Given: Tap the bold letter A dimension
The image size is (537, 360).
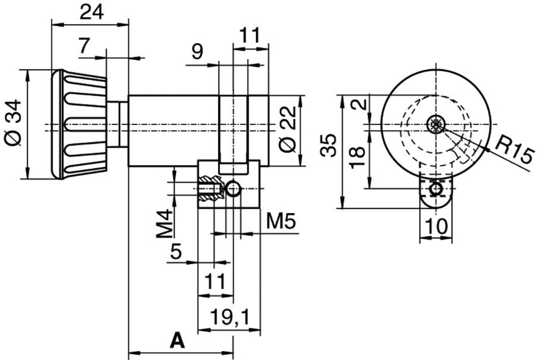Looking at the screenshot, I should click(x=177, y=341).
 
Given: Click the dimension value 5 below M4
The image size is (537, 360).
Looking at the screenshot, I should click(x=176, y=251).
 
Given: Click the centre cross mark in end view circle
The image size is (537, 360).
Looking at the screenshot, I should click(x=436, y=124).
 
